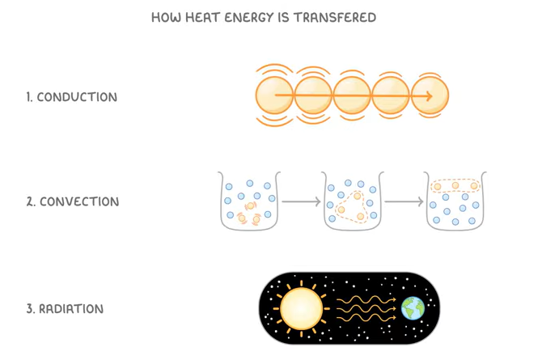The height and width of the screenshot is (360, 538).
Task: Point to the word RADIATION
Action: pyautogui.click(x=71, y=309)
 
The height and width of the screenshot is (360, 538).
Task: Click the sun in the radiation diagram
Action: pyautogui.click(x=301, y=309)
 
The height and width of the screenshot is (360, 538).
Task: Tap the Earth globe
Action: pyautogui.click(x=413, y=308)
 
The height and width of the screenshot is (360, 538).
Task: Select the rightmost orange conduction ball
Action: pyautogui.click(x=430, y=96)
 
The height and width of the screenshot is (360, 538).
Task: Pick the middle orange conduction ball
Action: pyautogui.click(x=352, y=96)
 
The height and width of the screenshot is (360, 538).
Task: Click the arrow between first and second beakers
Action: pyautogui.click(x=301, y=201)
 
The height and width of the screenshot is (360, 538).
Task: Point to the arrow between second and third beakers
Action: pyautogui.click(x=404, y=201)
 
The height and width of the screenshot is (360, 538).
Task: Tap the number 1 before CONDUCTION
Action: pyautogui.click(x=28, y=97)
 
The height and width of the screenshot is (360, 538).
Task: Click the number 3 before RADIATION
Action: pyautogui.click(x=29, y=309)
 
